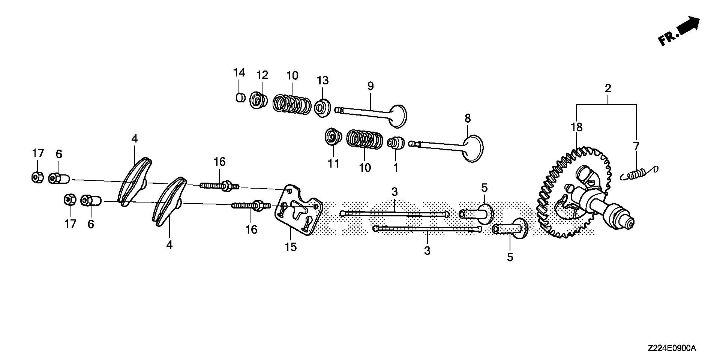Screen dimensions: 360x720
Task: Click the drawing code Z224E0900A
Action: pyautogui.click(x=671, y=348)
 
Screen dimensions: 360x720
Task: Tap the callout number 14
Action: pyautogui.click(x=239, y=72)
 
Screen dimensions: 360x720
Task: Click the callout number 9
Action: pyautogui.click(x=370, y=86)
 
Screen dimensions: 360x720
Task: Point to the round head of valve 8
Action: pyautogui.click(x=473, y=148)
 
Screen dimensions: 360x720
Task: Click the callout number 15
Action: pyautogui.click(x=291, y=247)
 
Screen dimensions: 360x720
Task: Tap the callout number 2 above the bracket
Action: pyautogui.click(x=608, y=89)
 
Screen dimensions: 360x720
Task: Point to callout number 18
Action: pyautogui.click(x=577, y=127)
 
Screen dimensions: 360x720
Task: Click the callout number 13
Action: pyautogui.click(x=322, y=80)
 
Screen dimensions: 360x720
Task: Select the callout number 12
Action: pyautogui.click(x=262, y=75)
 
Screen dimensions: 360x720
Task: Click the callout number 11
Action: pyautogui.click(x=333, y=163)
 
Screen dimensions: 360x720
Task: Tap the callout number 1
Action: pyautogui.click(x=396, y=167)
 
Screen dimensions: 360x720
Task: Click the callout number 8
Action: pyautogui.click(x=467, y=118)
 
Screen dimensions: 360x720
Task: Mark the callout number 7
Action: pyautogui.click(x=636, y=146)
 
